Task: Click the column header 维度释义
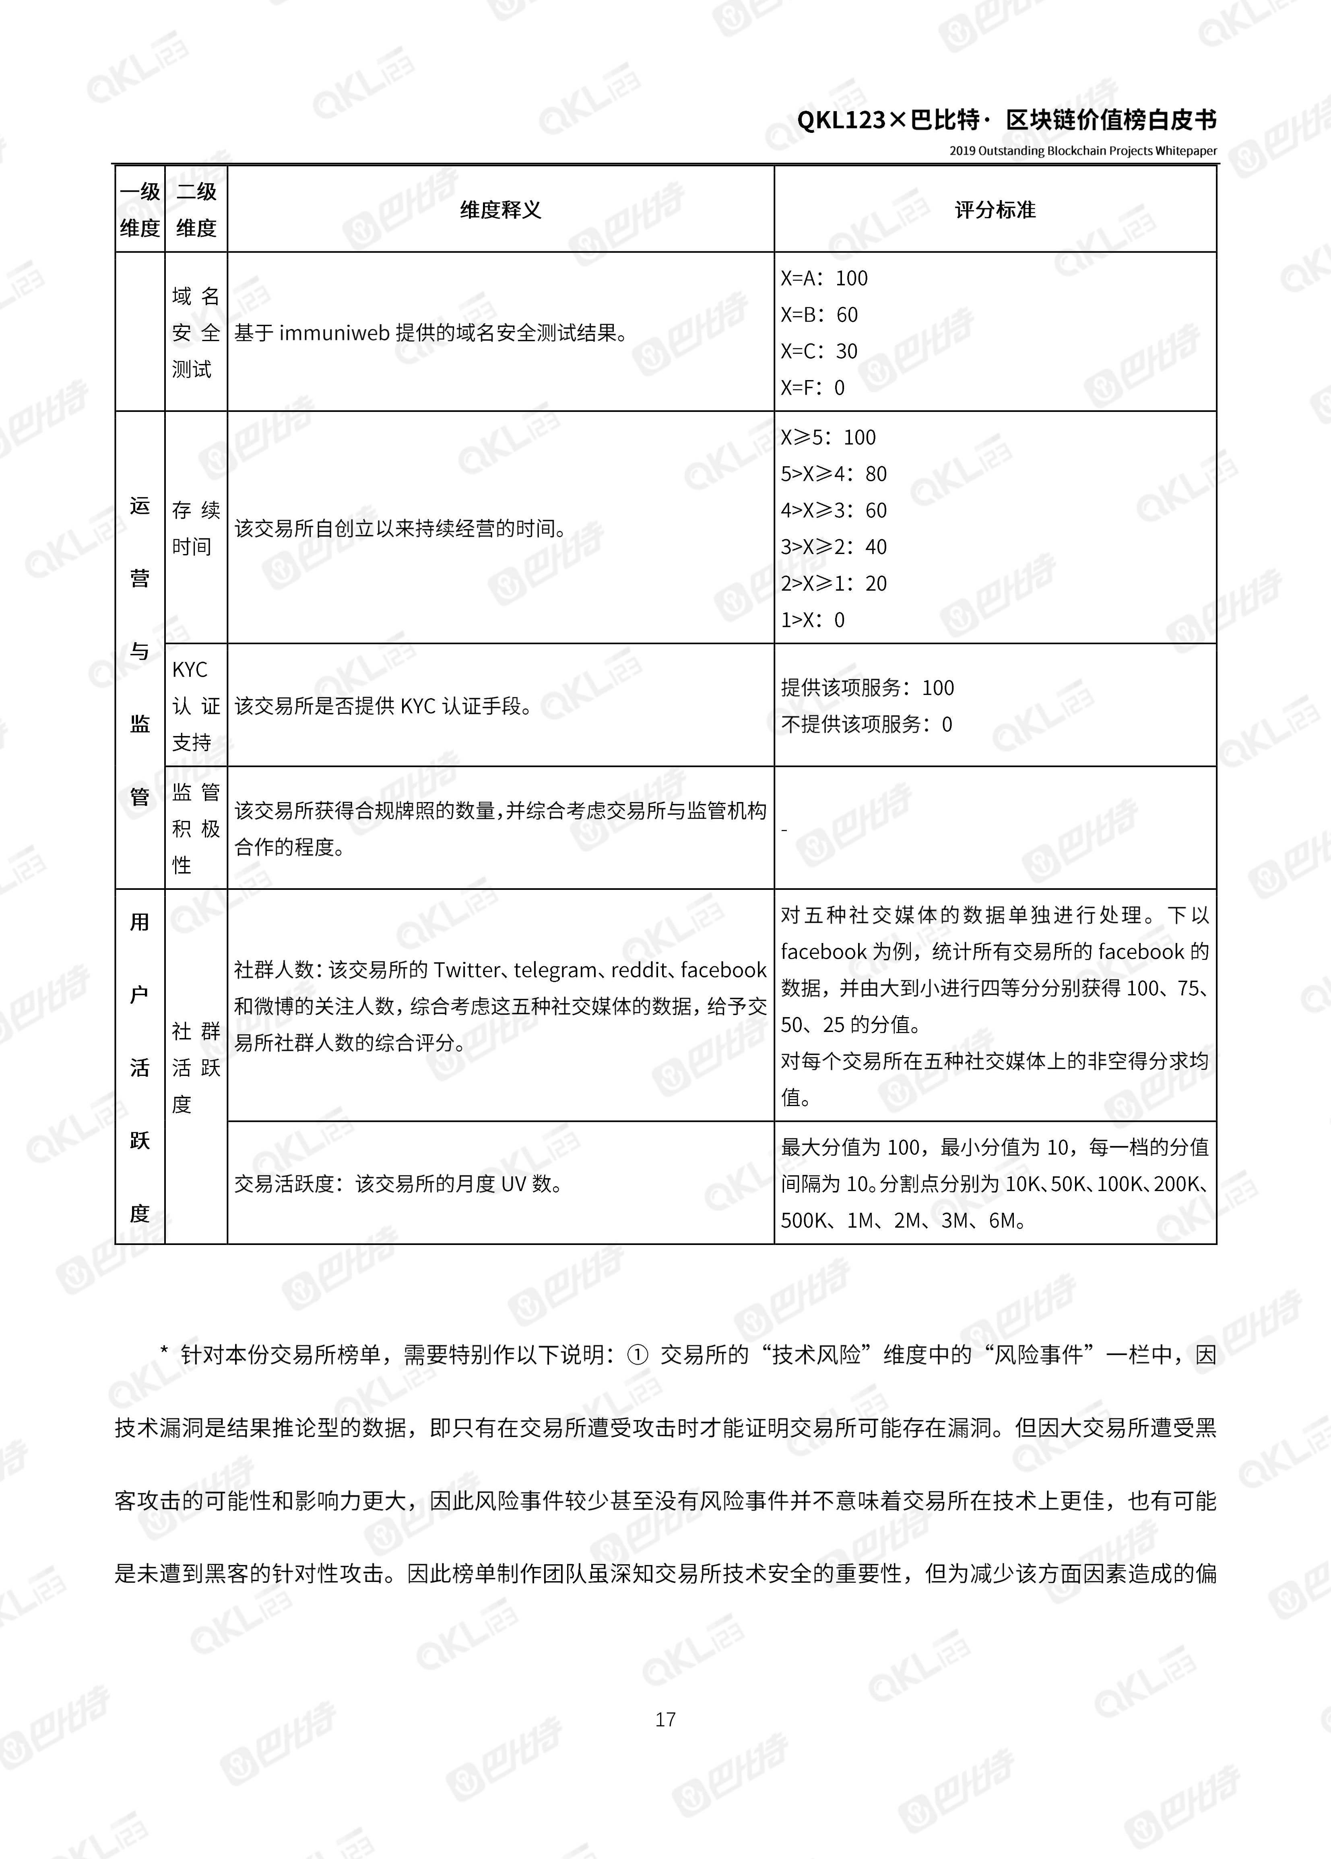tap(500, 210)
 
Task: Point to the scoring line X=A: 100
tap(824, 279)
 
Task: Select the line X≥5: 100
tap(828, 438)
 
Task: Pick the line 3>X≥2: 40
tap(834, 547)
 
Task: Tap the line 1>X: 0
tap(812, 620)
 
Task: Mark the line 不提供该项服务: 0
tap(866, 725)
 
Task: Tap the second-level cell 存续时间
tap(196, 529)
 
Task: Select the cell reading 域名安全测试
tap(196, 333)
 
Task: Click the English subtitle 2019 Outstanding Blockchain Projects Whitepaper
tap(1083, 151)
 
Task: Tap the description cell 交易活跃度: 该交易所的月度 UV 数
tap(399, 1184)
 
